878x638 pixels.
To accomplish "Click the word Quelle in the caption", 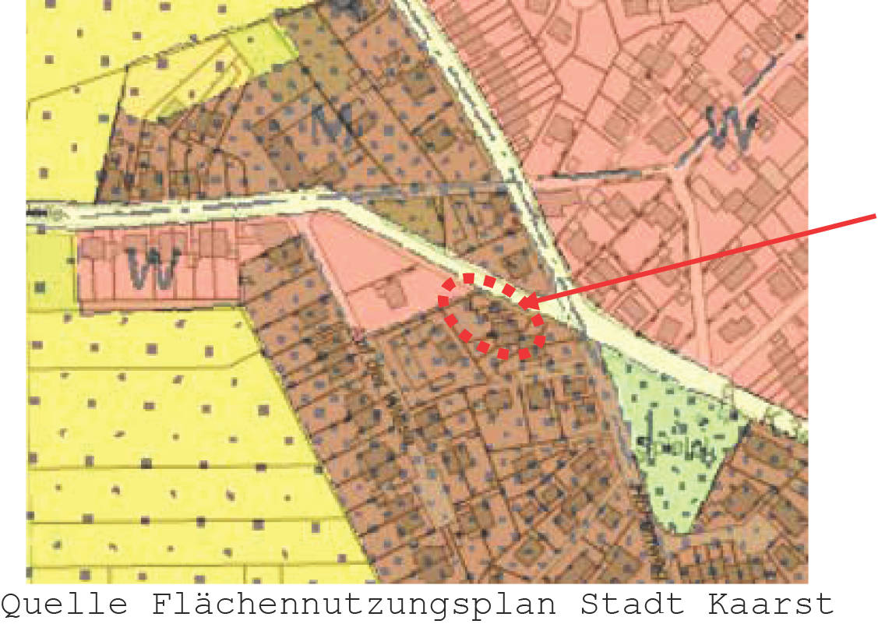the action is (65, 605).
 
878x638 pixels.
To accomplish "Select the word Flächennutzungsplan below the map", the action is (354, 605).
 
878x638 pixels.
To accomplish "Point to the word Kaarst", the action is (770, 605).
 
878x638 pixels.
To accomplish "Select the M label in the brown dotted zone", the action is (332, 122).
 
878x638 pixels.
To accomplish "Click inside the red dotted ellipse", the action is (491, 315).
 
